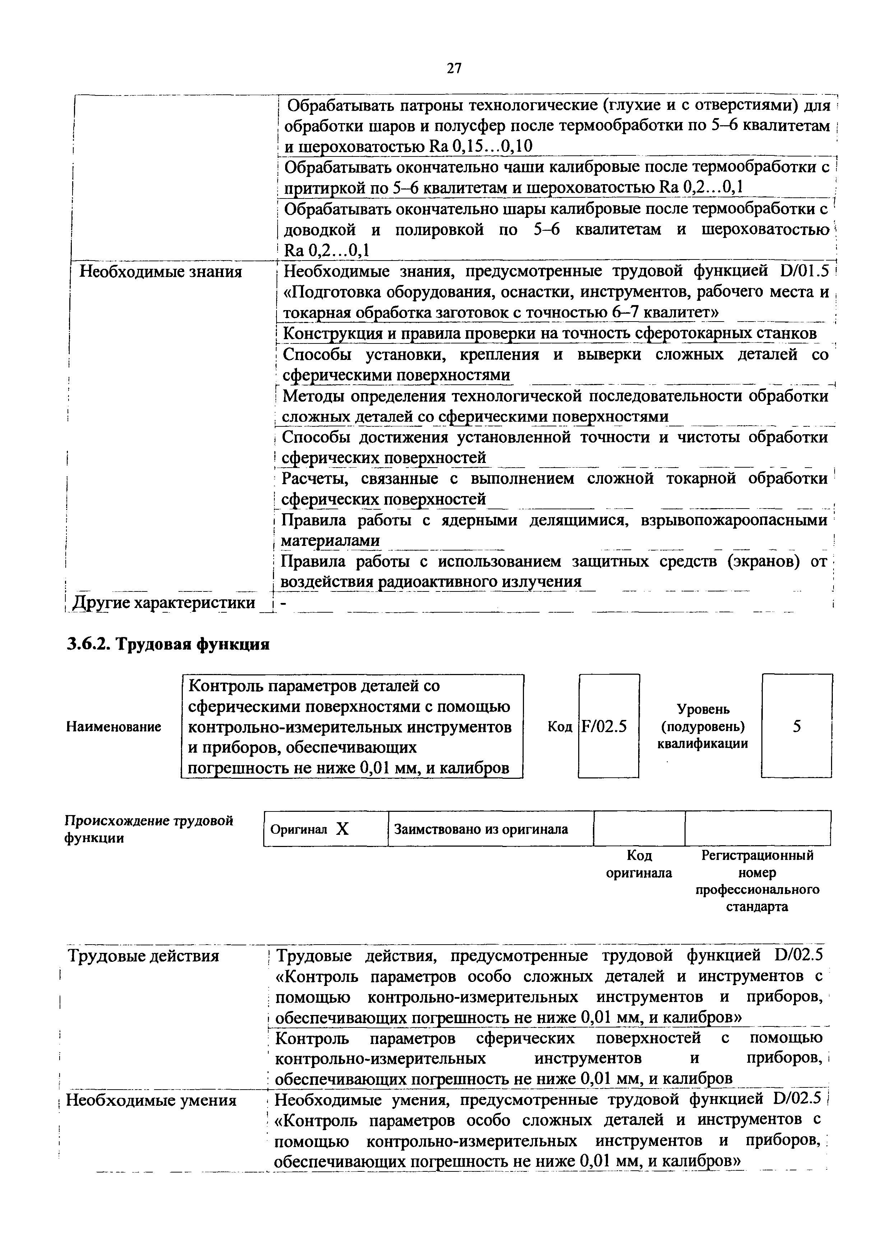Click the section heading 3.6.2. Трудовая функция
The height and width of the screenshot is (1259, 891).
[x=168, y=644]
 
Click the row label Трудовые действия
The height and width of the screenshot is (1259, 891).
[x=143, y=956]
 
